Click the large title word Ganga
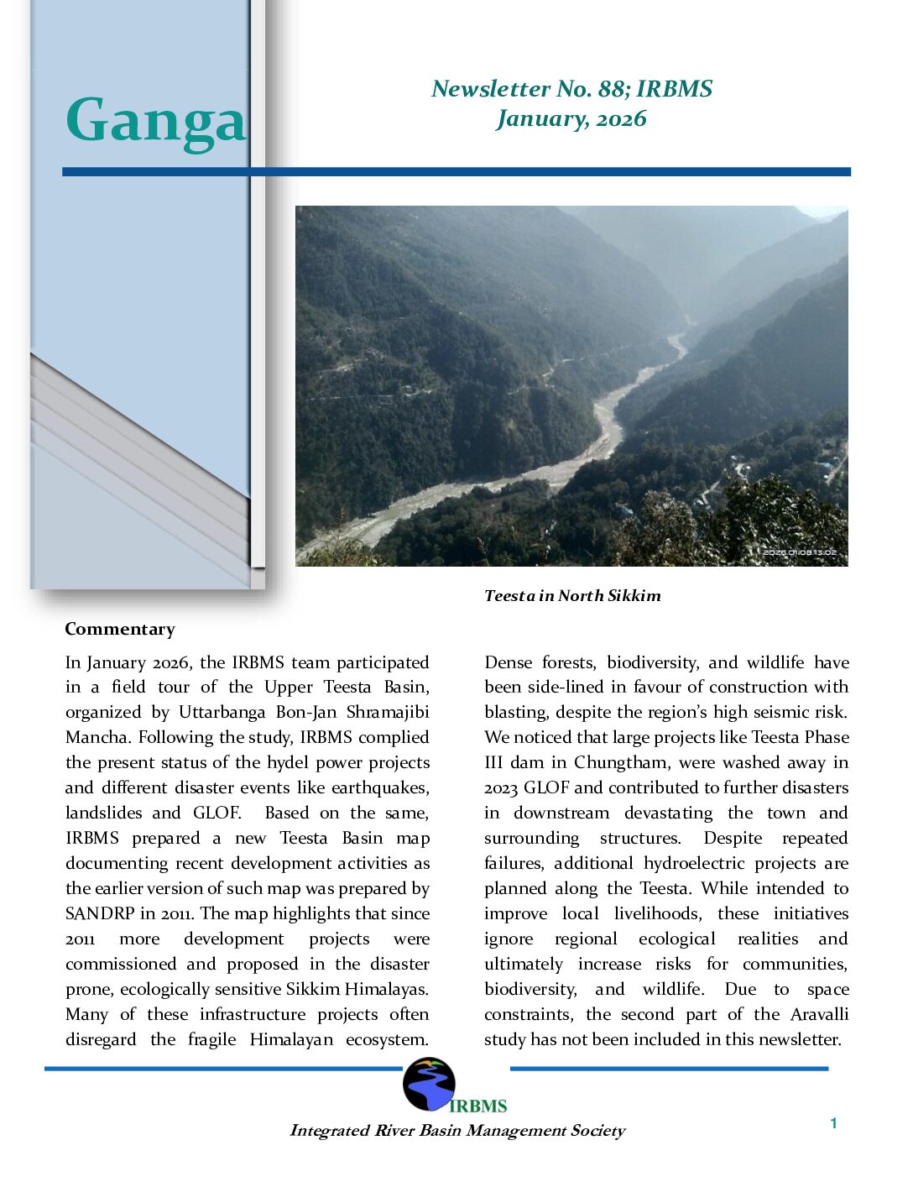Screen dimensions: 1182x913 (x=156, y=121)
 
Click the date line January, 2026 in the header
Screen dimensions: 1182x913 (x=571, y=118)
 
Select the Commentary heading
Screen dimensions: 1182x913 (x=120, y=629)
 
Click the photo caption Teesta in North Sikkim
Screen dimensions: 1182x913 (x=572, y=595)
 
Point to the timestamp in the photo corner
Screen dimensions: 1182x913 (x=798, y=552)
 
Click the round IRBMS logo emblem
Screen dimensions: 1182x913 (x=429, y=1084)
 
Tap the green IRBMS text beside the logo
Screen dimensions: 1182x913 (x=478, y=1106)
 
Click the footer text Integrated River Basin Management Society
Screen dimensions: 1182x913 (x=457, y=1130)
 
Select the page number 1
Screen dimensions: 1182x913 (x=833, y=1123)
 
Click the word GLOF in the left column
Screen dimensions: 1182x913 (x=217, y=813)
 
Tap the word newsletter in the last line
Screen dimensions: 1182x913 (x=797, y=1039)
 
